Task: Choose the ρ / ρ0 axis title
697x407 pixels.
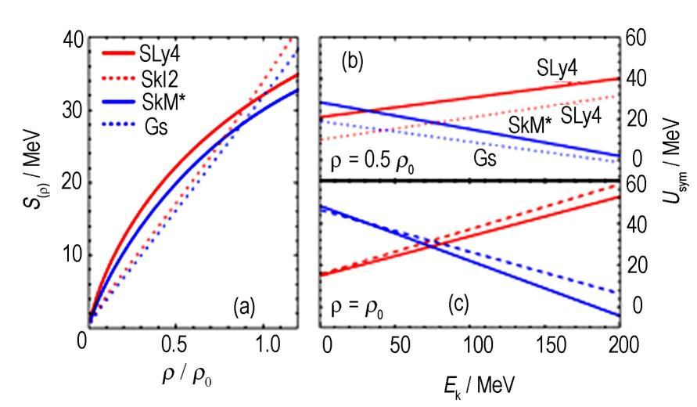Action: (x=181, y=375)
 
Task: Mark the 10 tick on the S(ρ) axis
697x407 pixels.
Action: (x=68, y=256)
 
